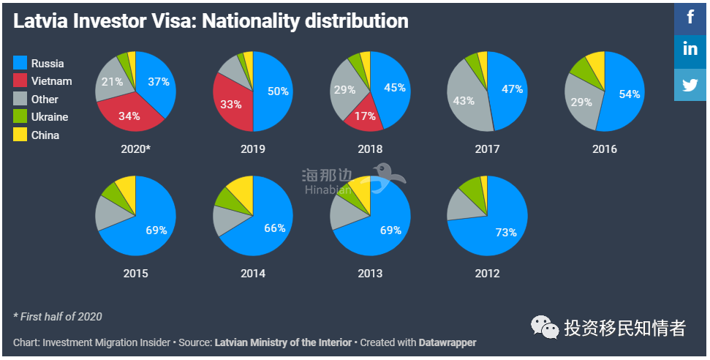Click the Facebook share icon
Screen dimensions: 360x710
[690, 16]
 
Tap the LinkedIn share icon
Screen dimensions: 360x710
[690, 50]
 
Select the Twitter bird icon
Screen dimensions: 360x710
[690, 84]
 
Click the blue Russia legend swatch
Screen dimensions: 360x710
[20, 64]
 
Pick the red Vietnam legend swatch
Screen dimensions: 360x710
[20, 81]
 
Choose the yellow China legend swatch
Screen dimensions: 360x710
[20, 135]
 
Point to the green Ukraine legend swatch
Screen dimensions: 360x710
[20, 117]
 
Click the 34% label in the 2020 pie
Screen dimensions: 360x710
[129, 116]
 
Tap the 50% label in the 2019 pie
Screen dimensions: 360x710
[278, 91]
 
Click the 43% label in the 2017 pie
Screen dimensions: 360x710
[464, 101]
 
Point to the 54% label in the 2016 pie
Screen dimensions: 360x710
[629, 94]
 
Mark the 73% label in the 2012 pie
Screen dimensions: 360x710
[505, 233]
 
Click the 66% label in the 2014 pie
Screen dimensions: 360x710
[275, 228]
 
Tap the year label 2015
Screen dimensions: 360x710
[136, 274]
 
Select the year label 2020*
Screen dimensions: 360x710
[136, 149]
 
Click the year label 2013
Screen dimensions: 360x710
[370, 274]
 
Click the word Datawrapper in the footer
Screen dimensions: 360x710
[447, 342]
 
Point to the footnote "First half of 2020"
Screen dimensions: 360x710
[58, 317]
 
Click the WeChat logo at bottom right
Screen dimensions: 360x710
[543, 328]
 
